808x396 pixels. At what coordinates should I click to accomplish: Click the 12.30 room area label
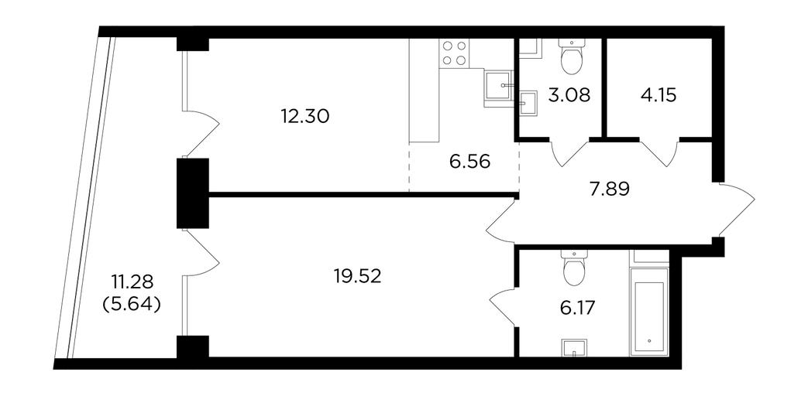click(305, 118)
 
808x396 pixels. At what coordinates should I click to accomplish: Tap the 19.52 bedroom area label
click(357, 277)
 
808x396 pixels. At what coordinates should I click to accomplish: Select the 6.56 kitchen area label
click(469, 162)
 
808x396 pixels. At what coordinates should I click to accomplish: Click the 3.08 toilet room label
click(569, 95)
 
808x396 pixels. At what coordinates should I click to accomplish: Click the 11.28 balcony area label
click(132, 282)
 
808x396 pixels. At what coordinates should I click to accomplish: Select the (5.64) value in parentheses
click(132, 305)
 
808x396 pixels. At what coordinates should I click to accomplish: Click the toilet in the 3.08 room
click(572, 57)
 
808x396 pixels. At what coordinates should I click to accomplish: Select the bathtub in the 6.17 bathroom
click(649, 311)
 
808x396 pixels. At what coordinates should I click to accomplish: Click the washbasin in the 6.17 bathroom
click(574, 347)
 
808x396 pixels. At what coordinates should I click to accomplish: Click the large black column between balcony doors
click(193, 193)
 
